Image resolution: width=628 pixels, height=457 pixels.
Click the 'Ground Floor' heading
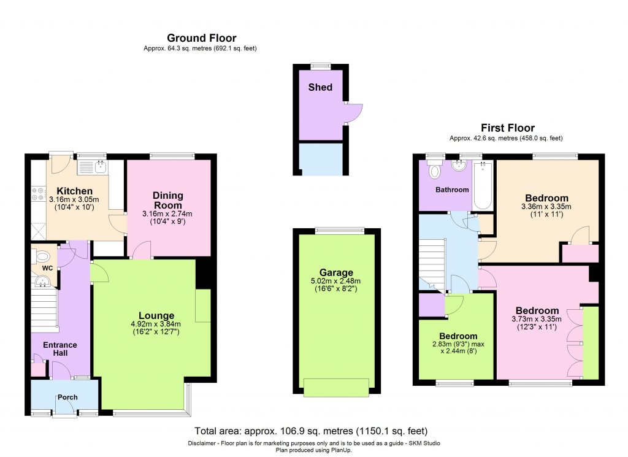[201, 38]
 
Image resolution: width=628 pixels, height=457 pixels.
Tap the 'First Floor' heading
[508, 128]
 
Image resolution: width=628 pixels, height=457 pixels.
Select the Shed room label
[320, 87]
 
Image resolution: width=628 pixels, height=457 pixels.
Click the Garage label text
[336, 272]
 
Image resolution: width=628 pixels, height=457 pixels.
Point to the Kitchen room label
[70, 191]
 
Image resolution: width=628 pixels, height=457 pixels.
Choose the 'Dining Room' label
[167, 201]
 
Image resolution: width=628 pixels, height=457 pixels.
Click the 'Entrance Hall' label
[60, 349]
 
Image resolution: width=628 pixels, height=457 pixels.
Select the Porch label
[67, 397]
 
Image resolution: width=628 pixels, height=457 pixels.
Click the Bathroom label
[452, 190]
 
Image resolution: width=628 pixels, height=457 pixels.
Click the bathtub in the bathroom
[484, 185]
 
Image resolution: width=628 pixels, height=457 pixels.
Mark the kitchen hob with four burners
[35, 194]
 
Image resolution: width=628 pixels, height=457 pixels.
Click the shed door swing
[354, 113]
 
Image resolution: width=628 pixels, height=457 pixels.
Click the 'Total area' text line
[311, 431]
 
